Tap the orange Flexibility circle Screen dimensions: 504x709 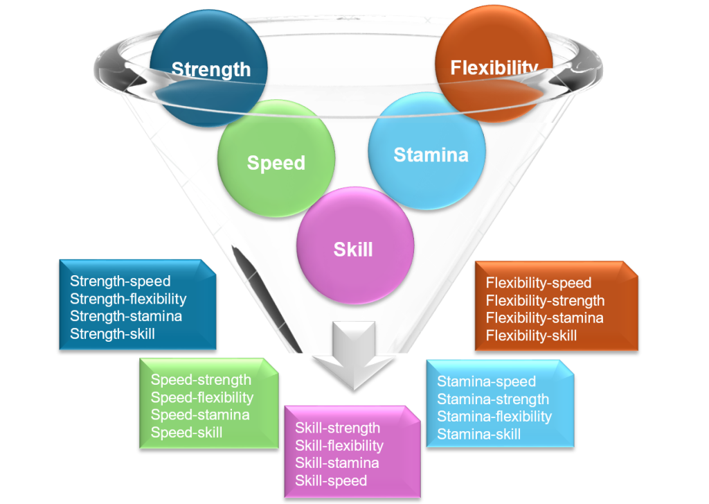494,67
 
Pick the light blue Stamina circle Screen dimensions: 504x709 431,155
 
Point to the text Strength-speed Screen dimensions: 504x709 120,281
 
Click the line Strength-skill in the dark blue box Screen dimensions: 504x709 112,334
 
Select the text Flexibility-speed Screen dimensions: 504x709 539,283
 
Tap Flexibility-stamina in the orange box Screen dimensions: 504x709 544,318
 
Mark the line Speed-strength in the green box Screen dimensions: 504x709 201,380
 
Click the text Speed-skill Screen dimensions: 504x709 186,433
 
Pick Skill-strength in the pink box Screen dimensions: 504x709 337,428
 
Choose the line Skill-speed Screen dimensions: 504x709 331,480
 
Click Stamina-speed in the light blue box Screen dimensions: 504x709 486,381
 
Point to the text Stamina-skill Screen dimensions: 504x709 478,435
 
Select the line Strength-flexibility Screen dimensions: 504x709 128,299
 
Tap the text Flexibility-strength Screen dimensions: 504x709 545,300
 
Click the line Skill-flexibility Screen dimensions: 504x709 339,445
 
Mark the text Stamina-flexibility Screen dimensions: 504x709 494,417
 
